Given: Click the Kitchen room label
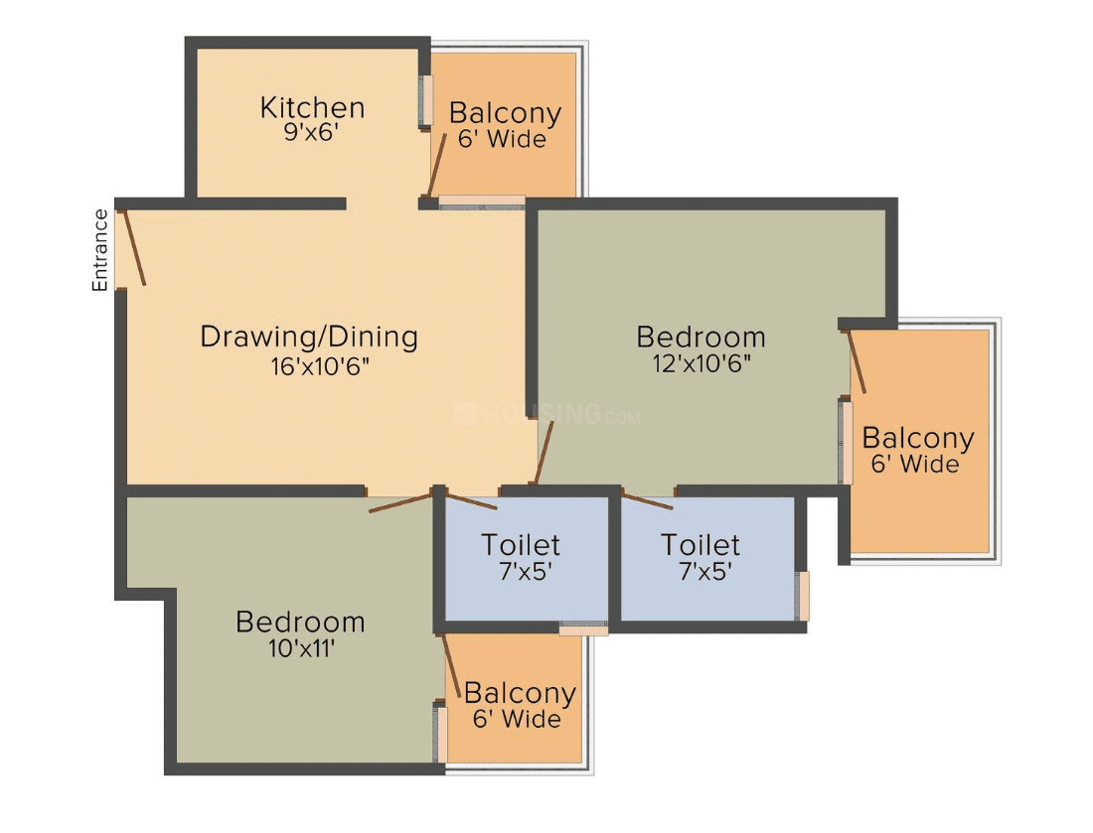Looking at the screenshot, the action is coord(312,107).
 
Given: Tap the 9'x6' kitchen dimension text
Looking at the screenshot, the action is coord(311,132).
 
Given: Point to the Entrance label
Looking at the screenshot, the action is coord(100,250).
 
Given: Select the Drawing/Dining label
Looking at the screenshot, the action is coord(309,337).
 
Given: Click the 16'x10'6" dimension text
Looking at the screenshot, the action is coord(320,366).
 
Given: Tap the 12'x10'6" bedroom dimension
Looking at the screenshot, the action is coord(702,363).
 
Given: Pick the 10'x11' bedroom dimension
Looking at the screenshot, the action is coord(302,649).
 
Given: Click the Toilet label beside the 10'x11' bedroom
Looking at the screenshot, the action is coord(521,545).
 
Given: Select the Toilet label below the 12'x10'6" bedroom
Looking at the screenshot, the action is coord(701,545).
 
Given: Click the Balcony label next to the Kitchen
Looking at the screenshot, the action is coord(505,113).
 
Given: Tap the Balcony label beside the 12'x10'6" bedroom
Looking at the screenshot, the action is coord(918,438).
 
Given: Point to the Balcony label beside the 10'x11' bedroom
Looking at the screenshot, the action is coord(520,693).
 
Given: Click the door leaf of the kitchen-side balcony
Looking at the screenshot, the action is coord(437,165).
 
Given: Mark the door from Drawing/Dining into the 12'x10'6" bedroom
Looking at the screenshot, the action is coord(544,452).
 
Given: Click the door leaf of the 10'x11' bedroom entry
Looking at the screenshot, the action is coord(400,502).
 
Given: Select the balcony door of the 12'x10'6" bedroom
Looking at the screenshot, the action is coord(857,362).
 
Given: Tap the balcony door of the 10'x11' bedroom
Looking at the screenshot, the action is coord(452,666).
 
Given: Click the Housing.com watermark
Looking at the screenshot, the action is coord(546,414).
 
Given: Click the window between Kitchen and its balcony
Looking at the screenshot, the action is coord(425,101).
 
